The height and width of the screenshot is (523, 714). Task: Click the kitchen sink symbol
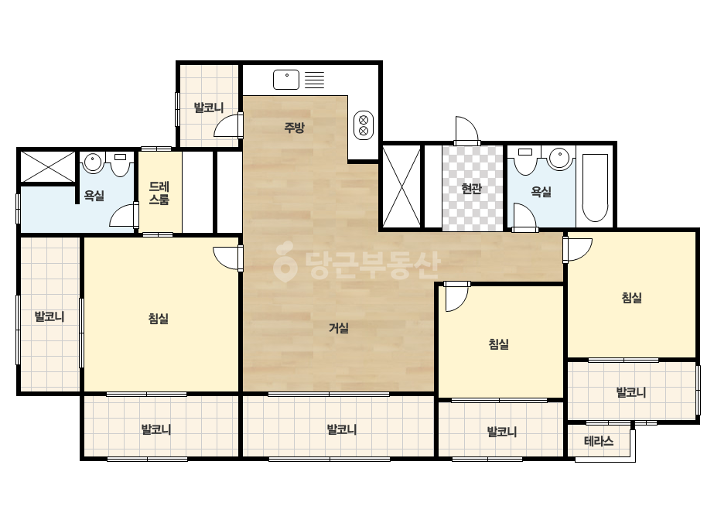pyautogui.click(x=286, y=80)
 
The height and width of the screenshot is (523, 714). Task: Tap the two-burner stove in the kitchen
pyautogui.click(x=364, y=125)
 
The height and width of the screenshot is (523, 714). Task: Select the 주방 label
pyautogui.click(x=294, y=127)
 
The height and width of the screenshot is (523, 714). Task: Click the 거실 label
pyautogui.click(x=339, y=327)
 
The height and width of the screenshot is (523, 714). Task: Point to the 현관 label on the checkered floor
pyautogui.click(x=472, y=188)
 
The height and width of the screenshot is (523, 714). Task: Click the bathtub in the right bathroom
pyautogui.click(x=595, y=188)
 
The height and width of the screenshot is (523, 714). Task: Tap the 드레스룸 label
pyautogui.click(x=159, y=193)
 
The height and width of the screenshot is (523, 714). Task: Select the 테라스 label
pyautogui.click(x=599, y=440)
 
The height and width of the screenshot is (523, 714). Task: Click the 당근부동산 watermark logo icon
pyautogui.click(x=285, y=261)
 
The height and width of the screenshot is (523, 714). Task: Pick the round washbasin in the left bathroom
pyautogui.click(x=93, y=162)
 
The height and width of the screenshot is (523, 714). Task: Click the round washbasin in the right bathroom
pyautogui.click(x=559, y=159)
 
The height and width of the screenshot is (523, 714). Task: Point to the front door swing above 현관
pyautogui.click(x=466, y=132)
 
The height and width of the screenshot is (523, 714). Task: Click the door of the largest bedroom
pyautogui.click(x=227, y=258)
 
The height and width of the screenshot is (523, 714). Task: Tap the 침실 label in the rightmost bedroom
pyautogui.click(x=631, y=298)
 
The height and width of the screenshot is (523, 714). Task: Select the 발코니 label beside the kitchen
pyautogui.click(x=209, y=108)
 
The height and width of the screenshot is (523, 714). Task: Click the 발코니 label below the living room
pyautogui.click(x=341, y=429)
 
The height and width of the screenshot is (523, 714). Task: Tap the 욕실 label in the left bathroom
pyautogui.click(x=94, y=196)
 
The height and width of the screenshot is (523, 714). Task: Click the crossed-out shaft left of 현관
pyautogui.click(x=401, y=186)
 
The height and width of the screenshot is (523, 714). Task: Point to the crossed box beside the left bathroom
pyautogui.click(x=47, y=166)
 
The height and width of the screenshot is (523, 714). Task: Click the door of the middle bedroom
pyautogui.click(x=456, y=296)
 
